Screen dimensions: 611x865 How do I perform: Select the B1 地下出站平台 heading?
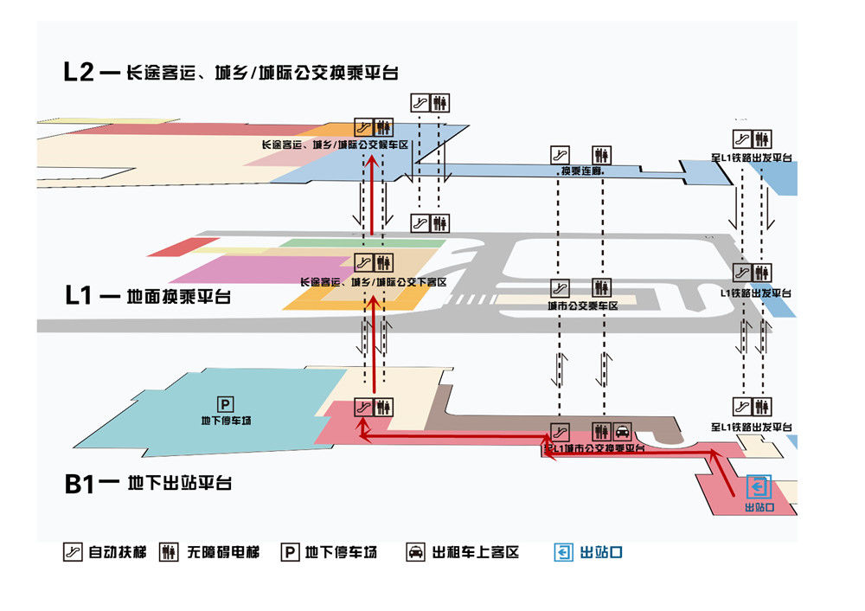pyautogui.click(x=148, y=483)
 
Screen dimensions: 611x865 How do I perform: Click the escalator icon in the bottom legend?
pyautogui.click(x=73, y=552)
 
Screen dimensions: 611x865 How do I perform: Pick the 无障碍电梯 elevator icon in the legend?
pyautogui.click(x=170, y=552)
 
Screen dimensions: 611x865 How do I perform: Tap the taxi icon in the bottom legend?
pyautogui.click(x=416, y=552)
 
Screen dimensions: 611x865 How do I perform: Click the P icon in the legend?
pyautogui.click(x=291, y=552)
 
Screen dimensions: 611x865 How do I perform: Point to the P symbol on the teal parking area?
pyautogui.click(x=225, y=404)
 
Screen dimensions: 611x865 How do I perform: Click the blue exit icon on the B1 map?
pyautogui.click(x=758, y=486)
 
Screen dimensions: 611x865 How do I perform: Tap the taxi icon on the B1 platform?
pyautogui.click(x=623, y=431)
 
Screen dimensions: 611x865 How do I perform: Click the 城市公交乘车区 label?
pyautogui.click(x=582, y=305)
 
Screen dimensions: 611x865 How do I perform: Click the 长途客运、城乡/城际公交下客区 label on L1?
pyautogui.click(x=373, y=282)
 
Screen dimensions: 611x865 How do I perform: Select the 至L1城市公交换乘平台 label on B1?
pyautogui.click(x=595, y=447)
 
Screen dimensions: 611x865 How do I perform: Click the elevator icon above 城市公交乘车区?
pyautogui.click(x=602, y=286)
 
